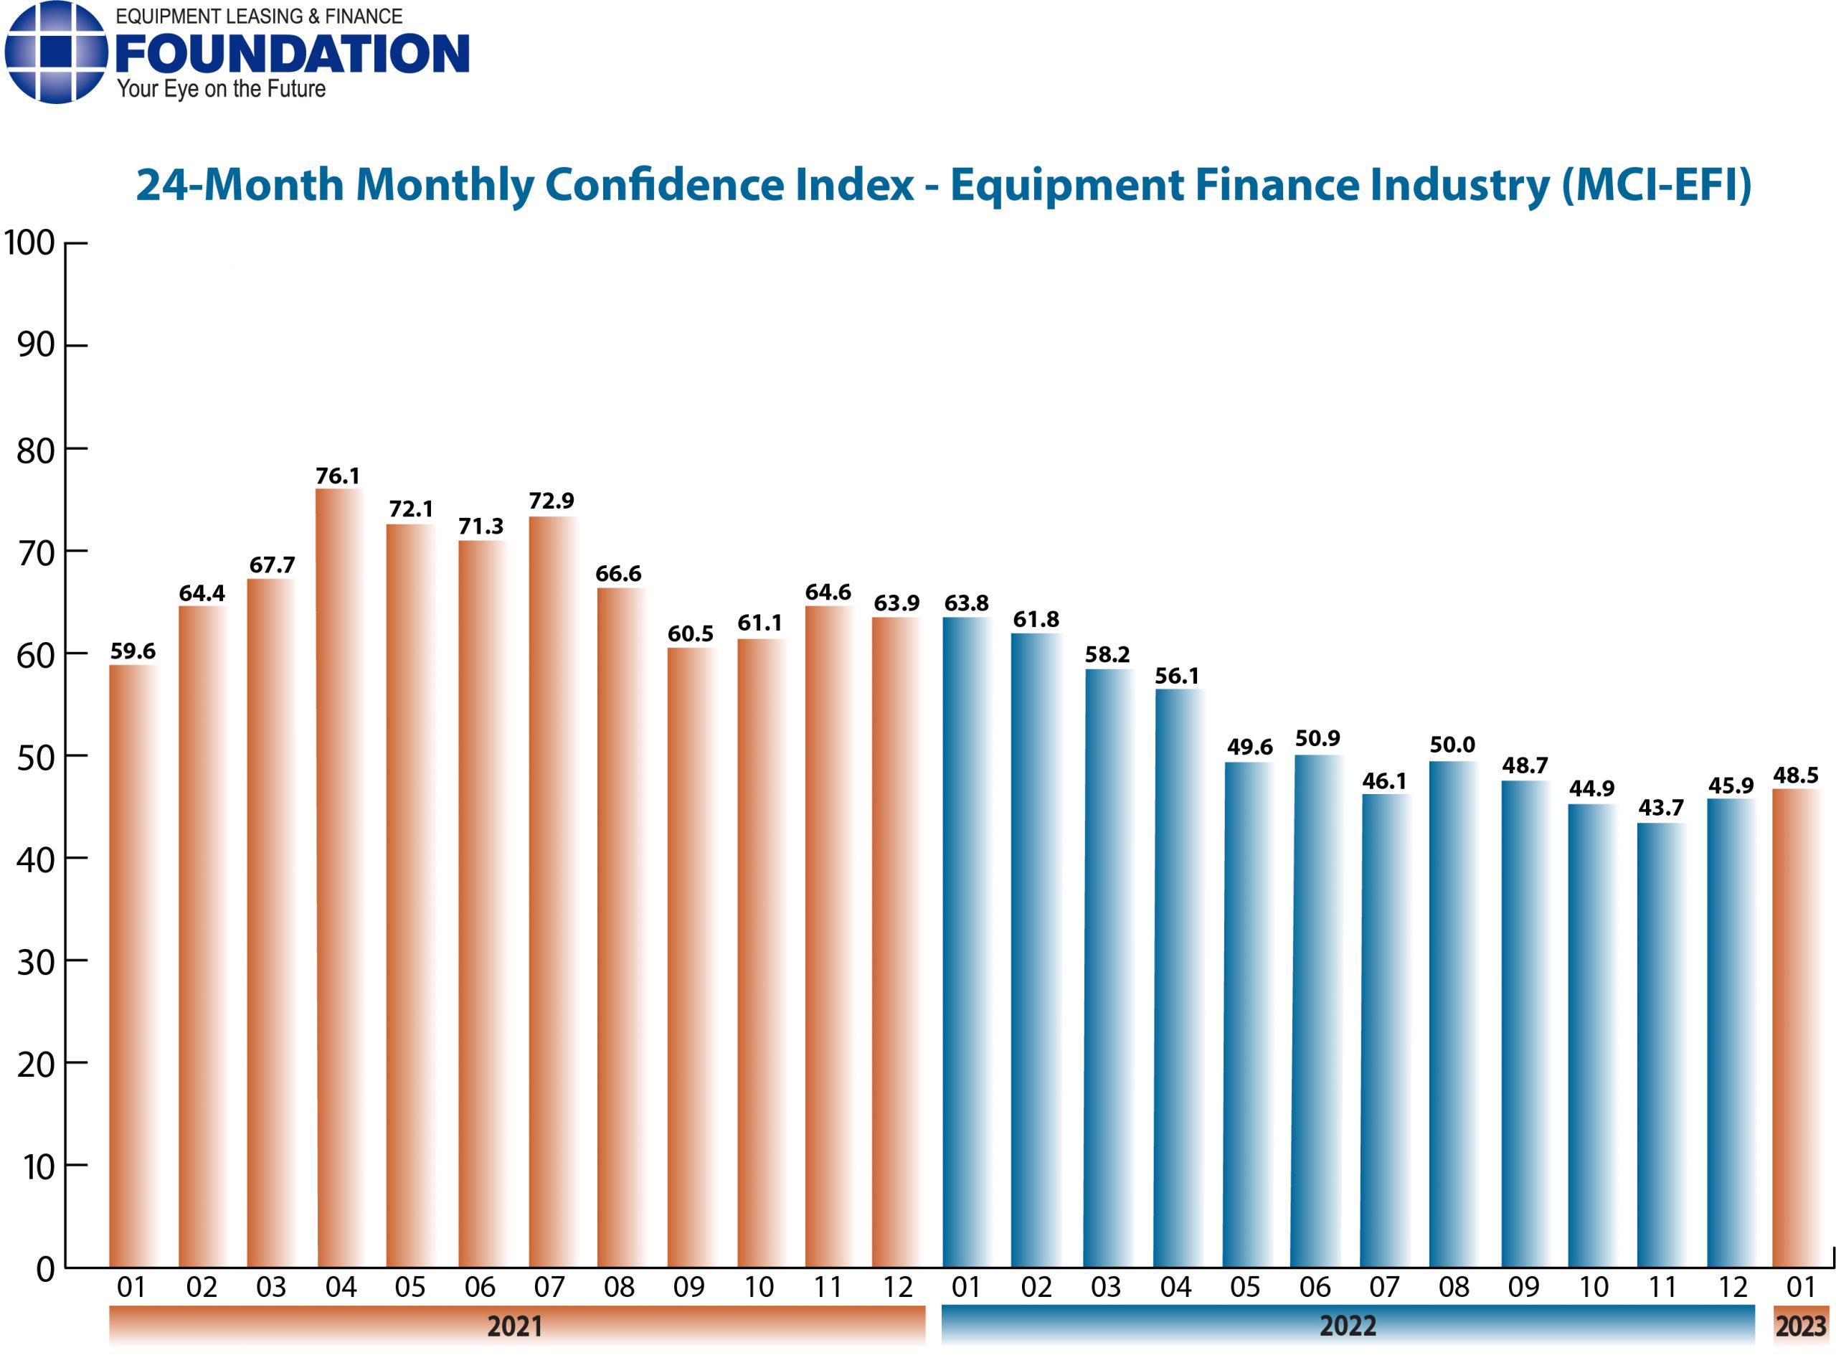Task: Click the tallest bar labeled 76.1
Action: click(339, 878)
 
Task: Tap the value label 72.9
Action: click(552, 501)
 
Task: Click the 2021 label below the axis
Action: click(514, 1326)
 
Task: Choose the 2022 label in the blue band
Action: click(1347, 1326)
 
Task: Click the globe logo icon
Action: click(56, 53)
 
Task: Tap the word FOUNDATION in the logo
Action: click(291, 55)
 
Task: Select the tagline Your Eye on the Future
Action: click(221, 89)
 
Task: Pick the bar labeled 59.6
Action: click(133, 966)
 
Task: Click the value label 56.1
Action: click(1176, 676)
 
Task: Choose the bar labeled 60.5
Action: click(691, 957)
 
